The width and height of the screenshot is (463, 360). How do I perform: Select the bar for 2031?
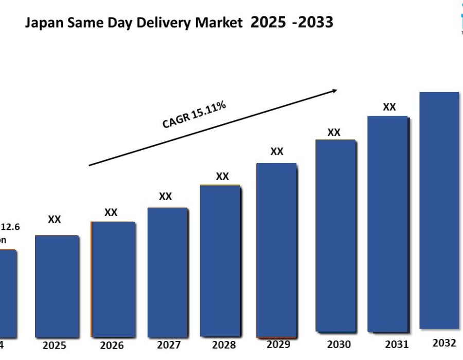388,224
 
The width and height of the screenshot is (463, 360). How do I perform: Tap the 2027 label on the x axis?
168,345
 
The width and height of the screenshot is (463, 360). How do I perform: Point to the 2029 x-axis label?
278,344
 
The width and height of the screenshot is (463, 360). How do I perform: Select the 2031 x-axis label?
396,344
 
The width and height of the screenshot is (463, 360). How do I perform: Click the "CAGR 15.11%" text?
194,115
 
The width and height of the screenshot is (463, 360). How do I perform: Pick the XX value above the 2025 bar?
55,220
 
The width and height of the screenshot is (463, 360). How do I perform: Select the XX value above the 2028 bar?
222,176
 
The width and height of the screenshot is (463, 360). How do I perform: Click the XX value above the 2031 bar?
389,107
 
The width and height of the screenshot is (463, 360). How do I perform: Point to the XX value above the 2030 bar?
334,132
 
